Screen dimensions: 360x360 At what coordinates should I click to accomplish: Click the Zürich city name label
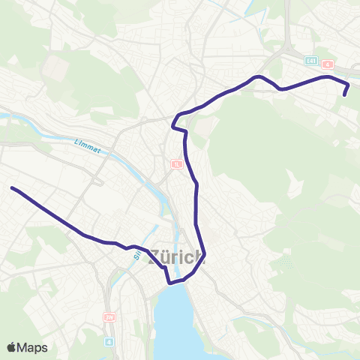coord(177,258)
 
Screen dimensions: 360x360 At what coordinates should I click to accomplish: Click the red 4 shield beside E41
coord(328,64)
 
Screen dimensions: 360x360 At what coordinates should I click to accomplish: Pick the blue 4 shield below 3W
coord(110,341)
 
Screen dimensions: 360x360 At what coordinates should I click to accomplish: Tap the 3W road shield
coord(109,317)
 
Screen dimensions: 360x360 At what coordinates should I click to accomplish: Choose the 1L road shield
coord(177,163)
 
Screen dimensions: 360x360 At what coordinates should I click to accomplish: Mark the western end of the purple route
coord(12,187)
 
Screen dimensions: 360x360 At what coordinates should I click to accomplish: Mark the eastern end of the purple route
coord(345,95)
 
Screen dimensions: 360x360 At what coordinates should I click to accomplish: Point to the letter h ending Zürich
coord(199,258)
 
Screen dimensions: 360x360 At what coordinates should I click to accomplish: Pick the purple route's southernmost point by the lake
coord(170,283)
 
